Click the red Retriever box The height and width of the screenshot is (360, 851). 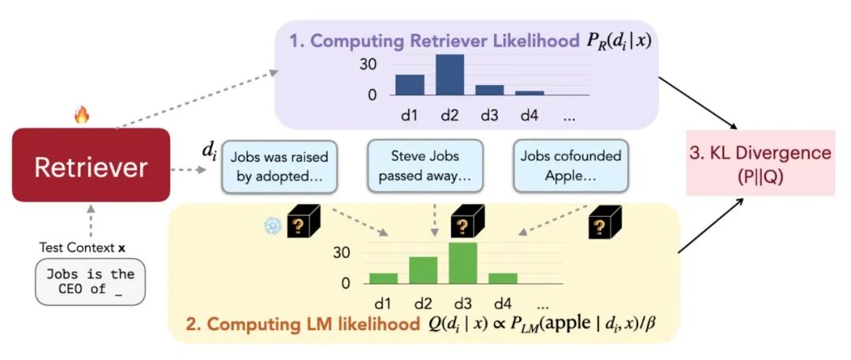click(91, 165)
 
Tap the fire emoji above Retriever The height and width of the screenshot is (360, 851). click(82, 117)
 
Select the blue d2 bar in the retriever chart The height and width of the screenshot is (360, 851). click(450, 75)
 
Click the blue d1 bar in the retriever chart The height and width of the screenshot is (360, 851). click(410, 84)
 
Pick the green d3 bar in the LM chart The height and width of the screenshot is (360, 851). click(463, 263)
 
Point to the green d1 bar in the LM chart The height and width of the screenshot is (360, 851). click(384, 278)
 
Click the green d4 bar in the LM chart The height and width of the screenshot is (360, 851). click(502, 278)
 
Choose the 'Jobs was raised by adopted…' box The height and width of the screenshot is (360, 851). click(280, 166)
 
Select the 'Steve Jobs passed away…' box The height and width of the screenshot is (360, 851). click(425, 166)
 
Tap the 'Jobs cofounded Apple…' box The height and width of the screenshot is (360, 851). click(570, 166)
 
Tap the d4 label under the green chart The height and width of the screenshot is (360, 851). click(502, 302)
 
